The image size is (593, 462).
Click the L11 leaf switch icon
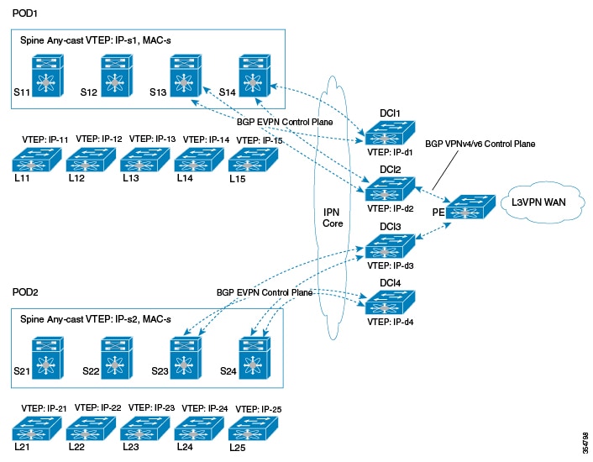(34, 159)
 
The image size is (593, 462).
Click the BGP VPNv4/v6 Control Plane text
(480, 144)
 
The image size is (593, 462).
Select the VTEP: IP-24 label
(206, 408)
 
